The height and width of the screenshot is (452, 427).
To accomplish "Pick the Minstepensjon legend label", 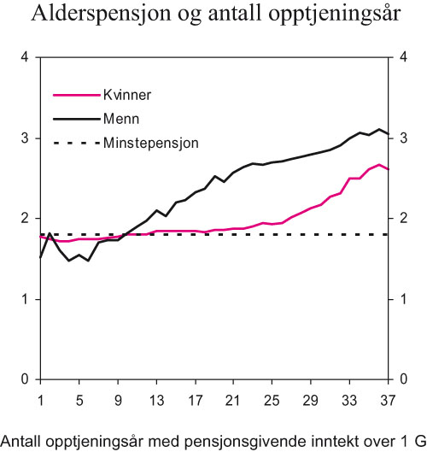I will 150,143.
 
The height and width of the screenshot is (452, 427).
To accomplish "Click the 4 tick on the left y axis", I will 25,57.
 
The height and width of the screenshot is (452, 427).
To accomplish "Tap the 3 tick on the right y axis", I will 403,138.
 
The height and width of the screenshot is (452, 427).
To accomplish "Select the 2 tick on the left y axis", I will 25,219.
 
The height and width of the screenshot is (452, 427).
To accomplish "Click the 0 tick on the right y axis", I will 403,379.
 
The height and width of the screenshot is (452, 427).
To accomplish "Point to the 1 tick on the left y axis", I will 25,299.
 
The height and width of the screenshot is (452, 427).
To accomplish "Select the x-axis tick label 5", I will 79,399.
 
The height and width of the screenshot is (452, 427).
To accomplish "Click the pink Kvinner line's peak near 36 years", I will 379,164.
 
